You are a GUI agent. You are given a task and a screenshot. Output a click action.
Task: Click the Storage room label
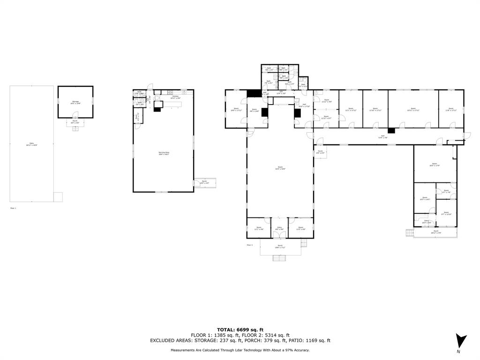point(75,102)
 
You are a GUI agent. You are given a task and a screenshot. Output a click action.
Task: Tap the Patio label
point(32,144)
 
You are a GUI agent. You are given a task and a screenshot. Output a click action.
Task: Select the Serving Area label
point(163,153)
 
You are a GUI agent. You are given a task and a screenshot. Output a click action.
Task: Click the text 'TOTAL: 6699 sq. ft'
point(240,330)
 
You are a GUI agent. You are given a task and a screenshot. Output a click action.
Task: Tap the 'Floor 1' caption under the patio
point(13,208)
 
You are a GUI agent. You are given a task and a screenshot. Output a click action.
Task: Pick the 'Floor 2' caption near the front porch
point(249,245)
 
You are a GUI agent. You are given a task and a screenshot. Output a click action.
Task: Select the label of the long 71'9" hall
point(383,137)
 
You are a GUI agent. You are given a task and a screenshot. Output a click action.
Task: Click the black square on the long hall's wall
point(391,130)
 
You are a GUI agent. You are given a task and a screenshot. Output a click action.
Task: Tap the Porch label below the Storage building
point(75,122)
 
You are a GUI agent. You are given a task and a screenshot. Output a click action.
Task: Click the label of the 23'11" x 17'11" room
point(413,110)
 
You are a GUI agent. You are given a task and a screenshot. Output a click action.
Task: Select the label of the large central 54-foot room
point(280,168)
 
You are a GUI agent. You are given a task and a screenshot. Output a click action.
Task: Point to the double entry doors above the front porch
point(280,218)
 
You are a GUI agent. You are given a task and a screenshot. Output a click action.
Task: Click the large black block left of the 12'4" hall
point(254,93)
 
